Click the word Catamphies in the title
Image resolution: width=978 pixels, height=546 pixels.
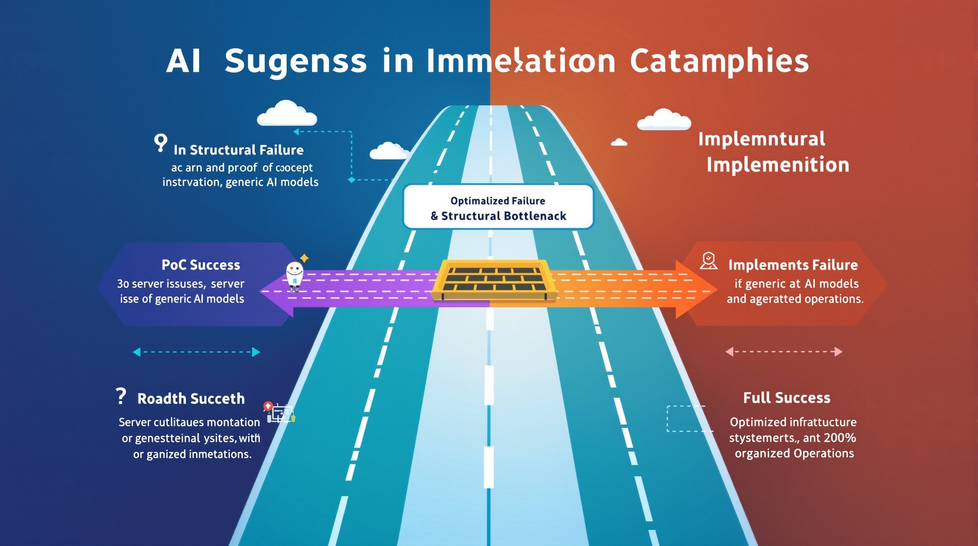(x=719, y=62)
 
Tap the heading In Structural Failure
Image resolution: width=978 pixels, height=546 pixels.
(x=238, y=150)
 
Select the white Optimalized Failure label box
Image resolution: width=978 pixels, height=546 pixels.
(x=498, y=207)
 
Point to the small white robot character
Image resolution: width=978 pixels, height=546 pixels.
(x=294, y=276)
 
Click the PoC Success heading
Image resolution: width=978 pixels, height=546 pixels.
(x=200, y=265)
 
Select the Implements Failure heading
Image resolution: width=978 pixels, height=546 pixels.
(x=793, y=265)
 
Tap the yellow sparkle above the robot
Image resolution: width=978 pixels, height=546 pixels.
(x=304, y=258)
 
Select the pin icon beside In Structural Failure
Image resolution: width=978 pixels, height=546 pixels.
(x=160, y=143)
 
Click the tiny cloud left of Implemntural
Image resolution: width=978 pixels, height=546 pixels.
(x=619, y=143)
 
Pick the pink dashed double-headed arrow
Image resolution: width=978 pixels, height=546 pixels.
(x=784, y=352)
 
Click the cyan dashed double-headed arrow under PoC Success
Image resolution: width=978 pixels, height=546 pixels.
(x=196, y=352)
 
